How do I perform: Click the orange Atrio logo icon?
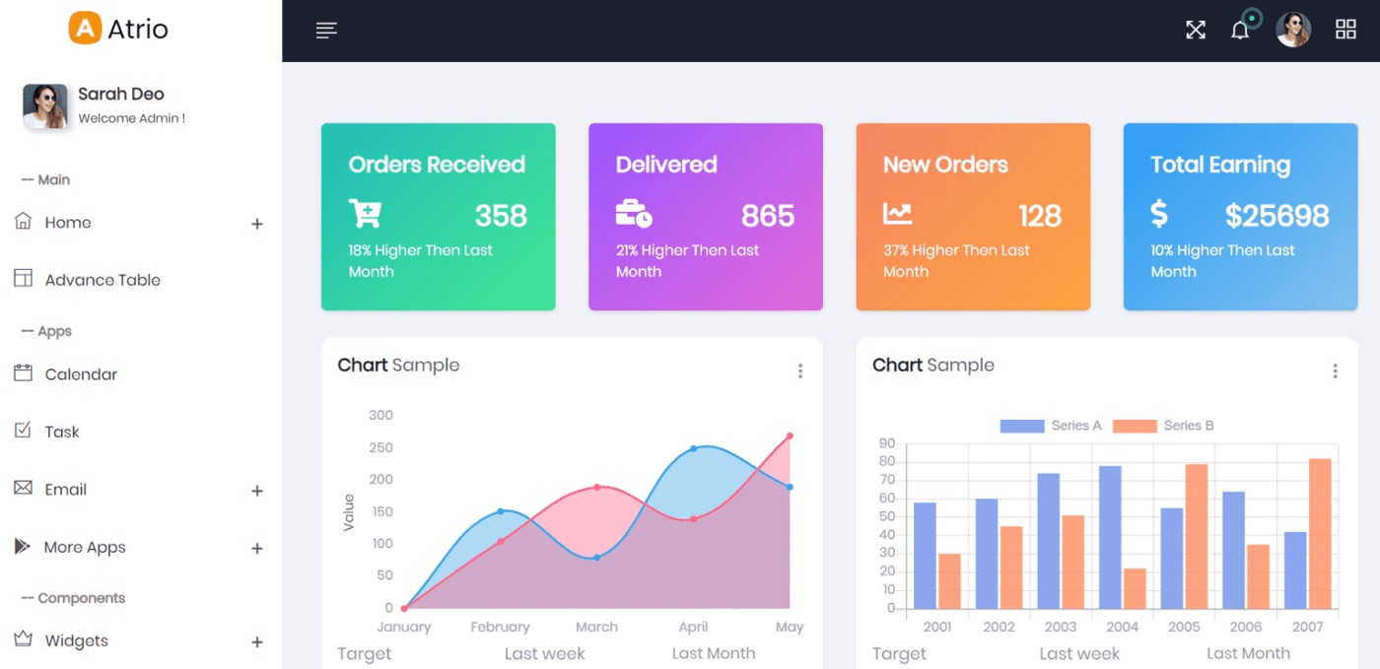coord(86,29)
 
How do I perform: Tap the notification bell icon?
coord(1240,31)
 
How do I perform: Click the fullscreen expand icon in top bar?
coord(1196,30)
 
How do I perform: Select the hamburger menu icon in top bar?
coord(326,31)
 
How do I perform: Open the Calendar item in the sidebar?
coord(81,374)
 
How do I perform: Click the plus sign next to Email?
coord(257,491)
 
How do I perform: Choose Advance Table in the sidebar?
coord(103,280)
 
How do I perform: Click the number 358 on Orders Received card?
coord(501,216)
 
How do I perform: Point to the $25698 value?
coord(1276,216)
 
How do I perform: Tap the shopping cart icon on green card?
coord(365,214)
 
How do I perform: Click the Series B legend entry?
coord(1164,426)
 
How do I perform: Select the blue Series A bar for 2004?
coord(1110,536)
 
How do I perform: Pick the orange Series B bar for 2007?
coord(1320,533)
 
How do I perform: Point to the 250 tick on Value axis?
coord(380,447)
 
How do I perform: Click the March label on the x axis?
coord(596,627)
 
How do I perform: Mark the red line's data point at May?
coord(790,435)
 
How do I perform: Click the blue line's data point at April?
coord(693,448)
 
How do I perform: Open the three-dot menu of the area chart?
coord(799,370)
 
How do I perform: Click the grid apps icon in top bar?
coord(1345,30)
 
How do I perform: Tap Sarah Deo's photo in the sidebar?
coord(45,106)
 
